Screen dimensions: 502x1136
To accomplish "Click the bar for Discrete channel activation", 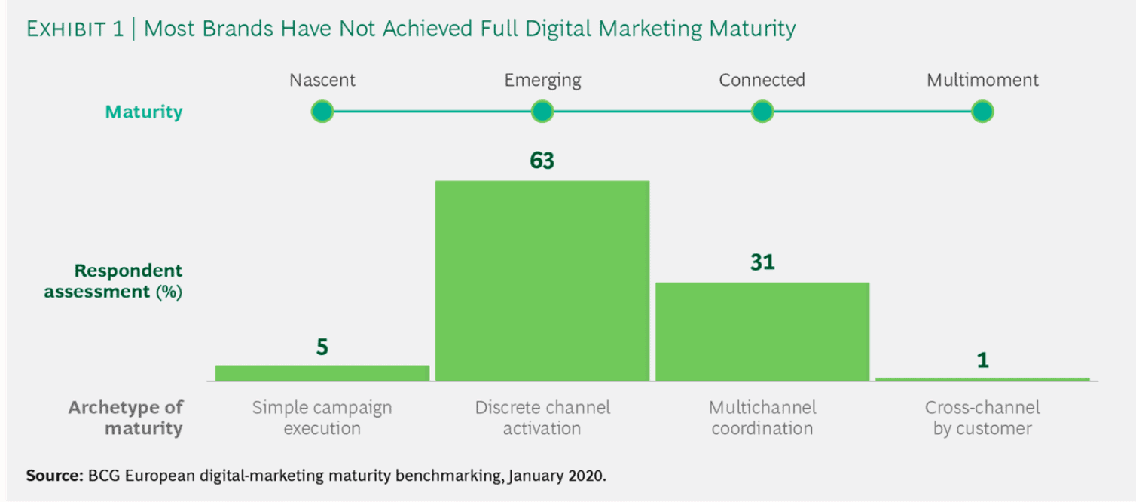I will click(542, 280).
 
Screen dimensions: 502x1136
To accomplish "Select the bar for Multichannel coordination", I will click(762, 332).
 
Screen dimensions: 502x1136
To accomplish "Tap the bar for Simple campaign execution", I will click(322, 373).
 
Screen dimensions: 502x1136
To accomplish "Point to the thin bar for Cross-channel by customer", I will click(982, 379).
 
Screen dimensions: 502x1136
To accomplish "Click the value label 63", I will click(542, 161).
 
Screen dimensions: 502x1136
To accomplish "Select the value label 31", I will click(762, 262).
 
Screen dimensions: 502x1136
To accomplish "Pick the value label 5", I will click(322, 347).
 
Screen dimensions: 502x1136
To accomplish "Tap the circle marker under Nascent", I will click(322, 112).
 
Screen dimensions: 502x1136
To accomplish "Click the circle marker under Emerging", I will click(542, 112).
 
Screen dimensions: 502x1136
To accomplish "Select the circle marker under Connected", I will click(762, 112).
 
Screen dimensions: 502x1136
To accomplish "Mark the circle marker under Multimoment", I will click(982, 112).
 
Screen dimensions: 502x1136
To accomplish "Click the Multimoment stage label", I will click(982, 80).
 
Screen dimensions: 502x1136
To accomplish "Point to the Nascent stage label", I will click(322, 80).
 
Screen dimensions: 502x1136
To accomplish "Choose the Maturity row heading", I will click(143, 112).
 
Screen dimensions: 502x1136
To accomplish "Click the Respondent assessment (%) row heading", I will click(113, 281).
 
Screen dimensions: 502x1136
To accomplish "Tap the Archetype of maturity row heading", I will click(125, 418).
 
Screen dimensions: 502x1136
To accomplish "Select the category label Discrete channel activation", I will click(542, 418).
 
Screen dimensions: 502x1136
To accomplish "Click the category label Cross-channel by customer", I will click(982, 418).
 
